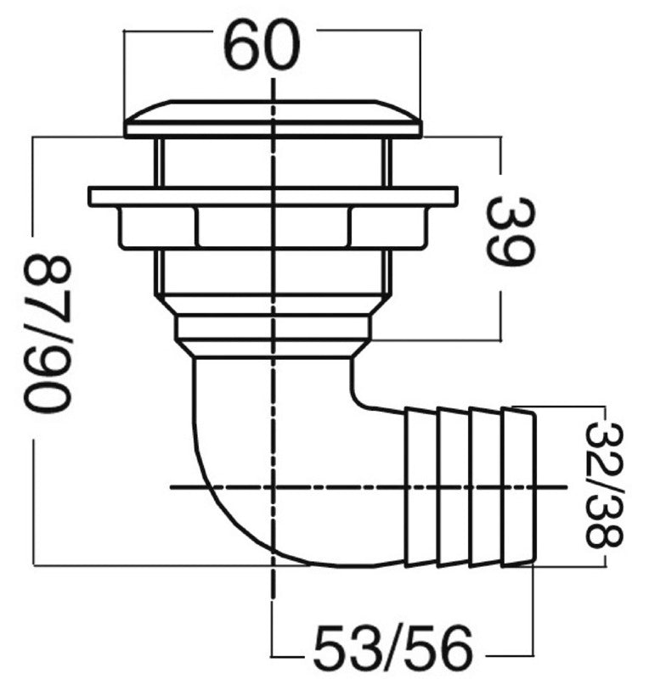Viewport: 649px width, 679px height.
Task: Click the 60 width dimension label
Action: (263, 45)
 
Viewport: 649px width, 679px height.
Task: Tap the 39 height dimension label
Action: (511, 232)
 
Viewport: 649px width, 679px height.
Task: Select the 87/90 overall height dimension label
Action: (47, 333)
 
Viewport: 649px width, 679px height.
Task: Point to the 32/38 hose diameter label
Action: (603, 485)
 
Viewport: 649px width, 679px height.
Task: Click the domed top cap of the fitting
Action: (274, 119)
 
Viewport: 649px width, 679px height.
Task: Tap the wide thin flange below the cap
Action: (274, 196)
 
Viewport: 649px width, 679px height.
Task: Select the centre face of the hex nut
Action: (274, 227)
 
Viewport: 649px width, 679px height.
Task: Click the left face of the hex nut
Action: (157, 227)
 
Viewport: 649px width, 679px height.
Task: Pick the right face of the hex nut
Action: (388, 227)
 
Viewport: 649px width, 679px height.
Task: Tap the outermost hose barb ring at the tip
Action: (518, 486)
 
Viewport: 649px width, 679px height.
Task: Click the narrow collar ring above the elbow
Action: (274, 328)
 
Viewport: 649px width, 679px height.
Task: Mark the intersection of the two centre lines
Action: (273, 486)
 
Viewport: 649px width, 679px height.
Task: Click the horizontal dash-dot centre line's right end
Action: (567, 486)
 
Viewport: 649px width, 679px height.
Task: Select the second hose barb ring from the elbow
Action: (454, 486)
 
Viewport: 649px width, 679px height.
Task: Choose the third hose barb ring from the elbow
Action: (487, 486)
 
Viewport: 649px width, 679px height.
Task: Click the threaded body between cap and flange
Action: (274, 162)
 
